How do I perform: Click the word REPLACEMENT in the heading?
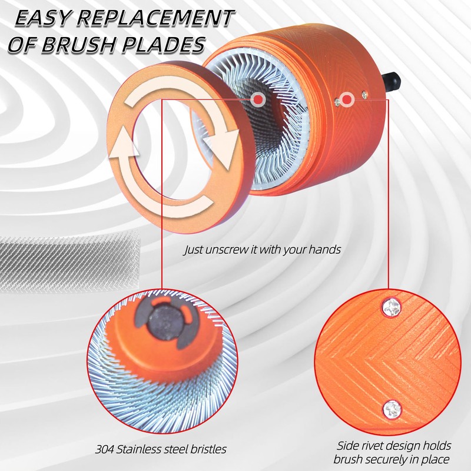[x=155, y=18]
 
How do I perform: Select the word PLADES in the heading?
[x=163, y=45]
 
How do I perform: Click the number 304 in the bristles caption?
[x=105, y=449]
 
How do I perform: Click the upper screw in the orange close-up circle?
[x=392, y=307]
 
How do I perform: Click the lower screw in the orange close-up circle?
[x=392, y=409]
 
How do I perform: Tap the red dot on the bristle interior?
[x=258, y=99]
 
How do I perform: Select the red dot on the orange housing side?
[x=347, y=99]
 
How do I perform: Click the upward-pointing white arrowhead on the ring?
[x=124, y=141]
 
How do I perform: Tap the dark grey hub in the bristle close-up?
[x=165, y=324]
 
